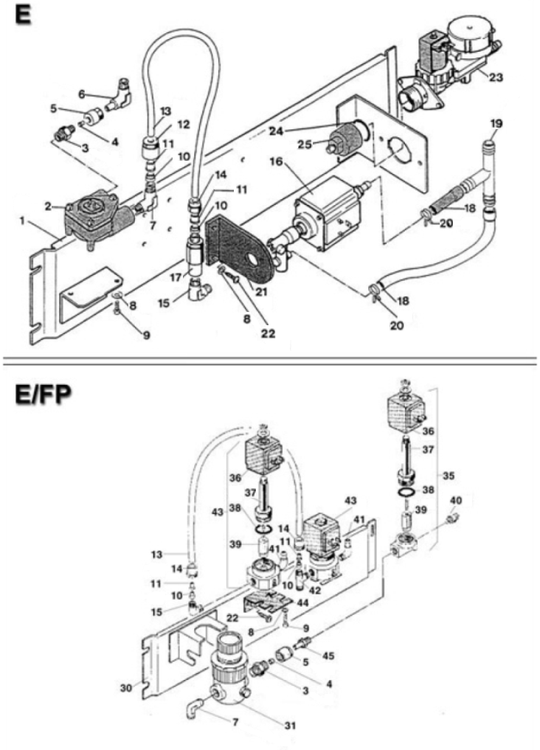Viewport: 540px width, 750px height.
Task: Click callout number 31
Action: (291, 726)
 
